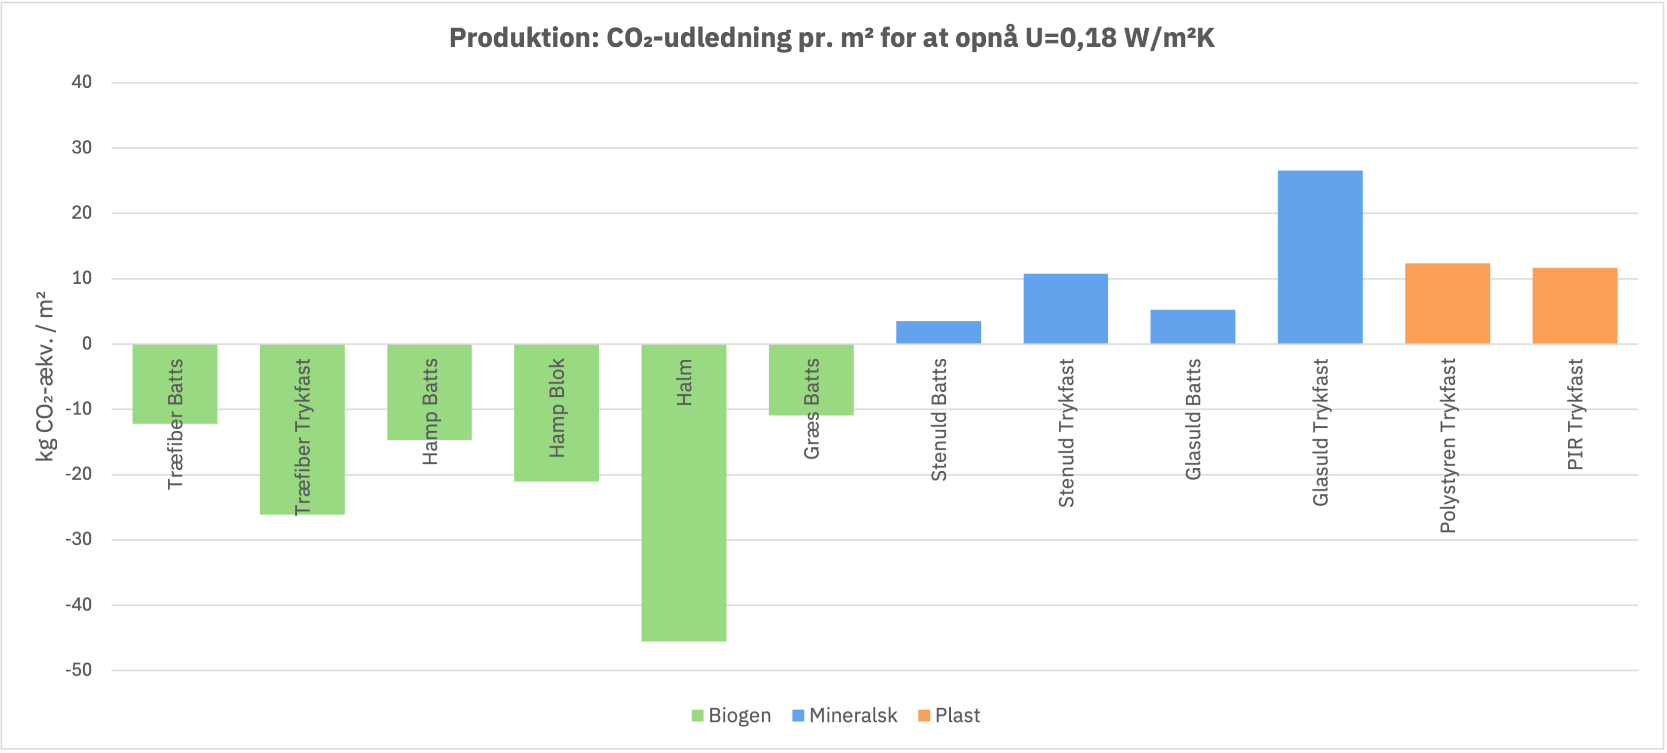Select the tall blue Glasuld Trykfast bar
1319,257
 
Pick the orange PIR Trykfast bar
1575,305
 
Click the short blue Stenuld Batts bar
938,333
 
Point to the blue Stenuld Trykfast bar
1065,308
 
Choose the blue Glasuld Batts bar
1193,327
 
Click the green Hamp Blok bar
556,413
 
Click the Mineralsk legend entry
845,715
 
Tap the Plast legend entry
949,715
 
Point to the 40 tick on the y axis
81,82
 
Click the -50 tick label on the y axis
79,670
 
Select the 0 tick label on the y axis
87,343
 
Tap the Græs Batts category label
812,409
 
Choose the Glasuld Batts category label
1193,419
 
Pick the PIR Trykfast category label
1575,414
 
